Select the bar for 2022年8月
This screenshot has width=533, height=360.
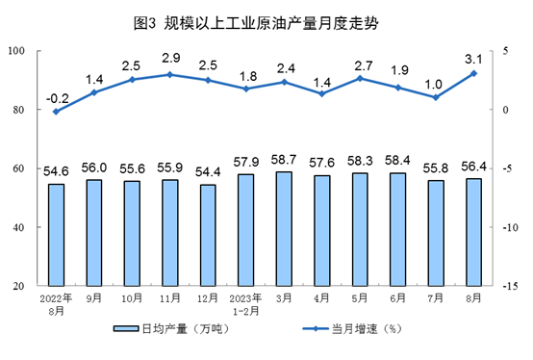tap(56, 235)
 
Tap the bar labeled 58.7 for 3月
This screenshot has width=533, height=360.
tap(284, 229)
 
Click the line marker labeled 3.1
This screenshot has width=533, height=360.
tap(473, 73)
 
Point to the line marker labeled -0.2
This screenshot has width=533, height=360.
tap(56, 112)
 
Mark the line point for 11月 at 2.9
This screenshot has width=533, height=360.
tap(169, 74)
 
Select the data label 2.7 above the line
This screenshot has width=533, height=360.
tap(360, 65)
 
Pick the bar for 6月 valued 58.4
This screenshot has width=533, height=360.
tap(397, 229)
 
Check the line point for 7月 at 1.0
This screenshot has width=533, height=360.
tap(436, 97)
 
